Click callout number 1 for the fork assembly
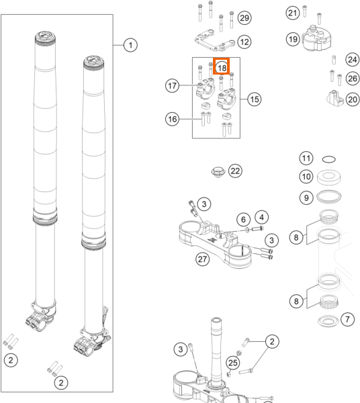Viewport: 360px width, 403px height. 130,45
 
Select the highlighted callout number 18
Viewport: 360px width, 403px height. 222,68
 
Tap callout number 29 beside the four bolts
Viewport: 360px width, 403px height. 244,17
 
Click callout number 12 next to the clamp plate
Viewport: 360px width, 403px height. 244,42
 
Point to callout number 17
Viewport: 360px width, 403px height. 172,85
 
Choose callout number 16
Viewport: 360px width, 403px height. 172,119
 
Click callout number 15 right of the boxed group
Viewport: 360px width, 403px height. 255,99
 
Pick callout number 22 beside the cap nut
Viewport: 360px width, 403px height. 235,171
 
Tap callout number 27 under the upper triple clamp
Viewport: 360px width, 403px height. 202,259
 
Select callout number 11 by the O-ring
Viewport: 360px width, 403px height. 306,158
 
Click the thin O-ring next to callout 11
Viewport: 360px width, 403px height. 329,159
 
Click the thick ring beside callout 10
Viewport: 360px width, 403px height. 329,177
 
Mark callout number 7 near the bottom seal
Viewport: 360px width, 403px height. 347,320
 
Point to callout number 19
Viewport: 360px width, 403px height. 293,39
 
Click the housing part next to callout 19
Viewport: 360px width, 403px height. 316,38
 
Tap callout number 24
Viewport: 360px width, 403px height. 353,60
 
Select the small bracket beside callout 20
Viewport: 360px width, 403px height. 335,98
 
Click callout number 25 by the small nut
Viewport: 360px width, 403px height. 233,363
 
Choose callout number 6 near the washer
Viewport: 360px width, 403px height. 243,220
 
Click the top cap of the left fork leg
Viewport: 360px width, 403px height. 45,38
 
